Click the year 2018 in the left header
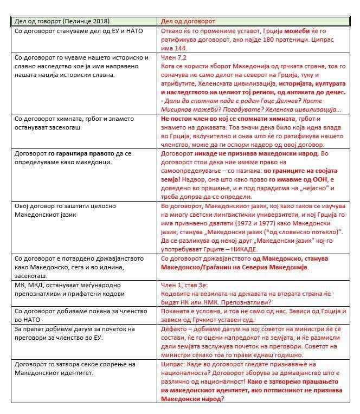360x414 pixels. [x=99, y=21]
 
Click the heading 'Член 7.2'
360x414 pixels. [x=175, y=56]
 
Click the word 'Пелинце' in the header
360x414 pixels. [x=75, y=21]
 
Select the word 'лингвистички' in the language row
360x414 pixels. [x=242, y=215]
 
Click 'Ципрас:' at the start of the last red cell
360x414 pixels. [x=175, y=365]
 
